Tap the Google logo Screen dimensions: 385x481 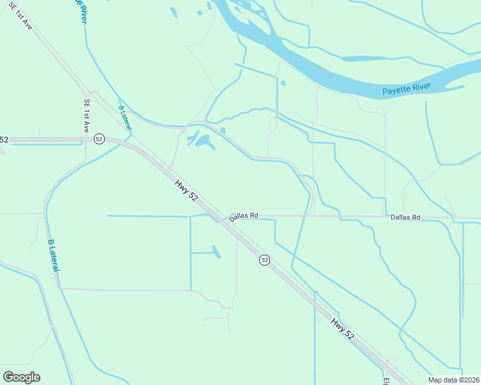coord(22,377)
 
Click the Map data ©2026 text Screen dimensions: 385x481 coord(454,380)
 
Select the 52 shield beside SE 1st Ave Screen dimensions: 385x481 coord(98,139)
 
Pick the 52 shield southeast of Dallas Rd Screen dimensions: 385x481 coord(264,260)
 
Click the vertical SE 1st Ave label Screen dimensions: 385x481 coord(86,116)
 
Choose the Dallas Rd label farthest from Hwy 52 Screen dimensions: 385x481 coord(405,218)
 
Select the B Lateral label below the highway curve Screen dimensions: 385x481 coord(53,255)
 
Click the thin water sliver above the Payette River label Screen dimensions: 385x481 coord(364,58)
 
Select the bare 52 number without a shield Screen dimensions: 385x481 coord(4,139)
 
